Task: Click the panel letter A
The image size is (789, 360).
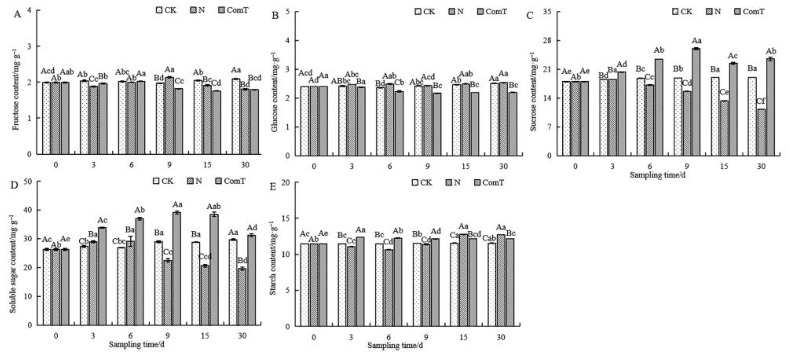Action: [x=17, y=14]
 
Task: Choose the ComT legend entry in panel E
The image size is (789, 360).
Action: [x=489, y=183]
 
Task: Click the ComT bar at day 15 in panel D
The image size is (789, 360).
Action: [x=214, y=269]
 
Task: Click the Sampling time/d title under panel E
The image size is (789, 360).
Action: [x=395, y=345]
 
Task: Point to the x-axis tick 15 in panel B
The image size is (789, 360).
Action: [x=465, y=166]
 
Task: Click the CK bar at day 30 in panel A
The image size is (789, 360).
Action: [x=236, y=116]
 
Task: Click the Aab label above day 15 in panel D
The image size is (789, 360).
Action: [x=214, y=206]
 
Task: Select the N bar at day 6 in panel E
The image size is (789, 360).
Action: [x=389, y=288]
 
